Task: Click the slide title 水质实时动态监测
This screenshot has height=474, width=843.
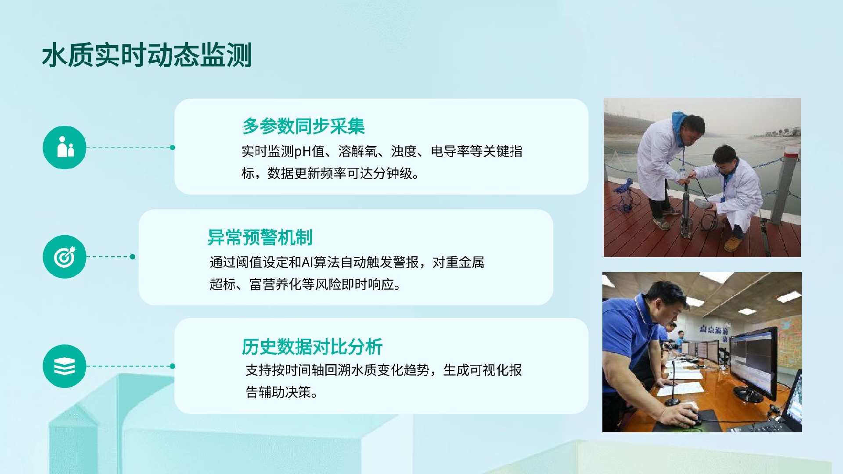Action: tap(147, 55)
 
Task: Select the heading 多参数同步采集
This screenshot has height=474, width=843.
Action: tap(303, 126)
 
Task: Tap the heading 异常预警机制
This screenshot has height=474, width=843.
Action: tap(259, 237)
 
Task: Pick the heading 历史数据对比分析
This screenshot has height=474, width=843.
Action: tap(312, 347)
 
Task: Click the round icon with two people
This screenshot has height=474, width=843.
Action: tap(65, 147)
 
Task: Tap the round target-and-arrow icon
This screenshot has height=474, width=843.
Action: tap(65, 257)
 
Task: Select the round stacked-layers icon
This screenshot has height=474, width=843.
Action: tap(65, 366)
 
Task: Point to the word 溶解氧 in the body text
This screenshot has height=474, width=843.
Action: tap(358, 151)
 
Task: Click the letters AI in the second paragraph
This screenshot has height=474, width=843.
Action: tap(306, 262)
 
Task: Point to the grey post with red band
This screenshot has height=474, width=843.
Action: tap(790, 184)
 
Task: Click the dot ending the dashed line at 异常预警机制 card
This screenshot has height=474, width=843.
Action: tap(133, 257)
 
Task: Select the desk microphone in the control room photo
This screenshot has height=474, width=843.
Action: tap(672, 386)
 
